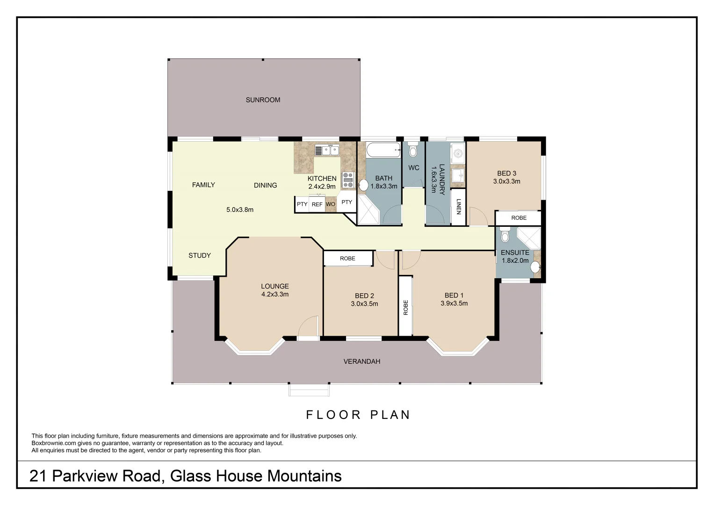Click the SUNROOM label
[x=263, y=100]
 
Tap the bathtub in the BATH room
[x=383, y=150]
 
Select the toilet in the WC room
[x=413, y=150]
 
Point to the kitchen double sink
[x=327, y=150]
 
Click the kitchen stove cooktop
[x=348, y=180]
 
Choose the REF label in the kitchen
[x=317, y=204]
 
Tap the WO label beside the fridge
[x=331, y=204]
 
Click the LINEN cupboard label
[x=459, y=207]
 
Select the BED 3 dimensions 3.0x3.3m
[x=507, y=181]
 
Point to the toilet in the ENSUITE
[x=505, y=235]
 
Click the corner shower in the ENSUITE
[x=529, y=238]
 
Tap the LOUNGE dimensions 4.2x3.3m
[x=275, y=294]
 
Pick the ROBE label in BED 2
[x=347, y=259]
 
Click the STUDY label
[x=200, y=255]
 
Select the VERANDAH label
[x=362, y=361]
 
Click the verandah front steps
[x=309, y=390]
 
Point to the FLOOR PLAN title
[x=358, y=415]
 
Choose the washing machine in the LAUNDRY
[x=458, y=153]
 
